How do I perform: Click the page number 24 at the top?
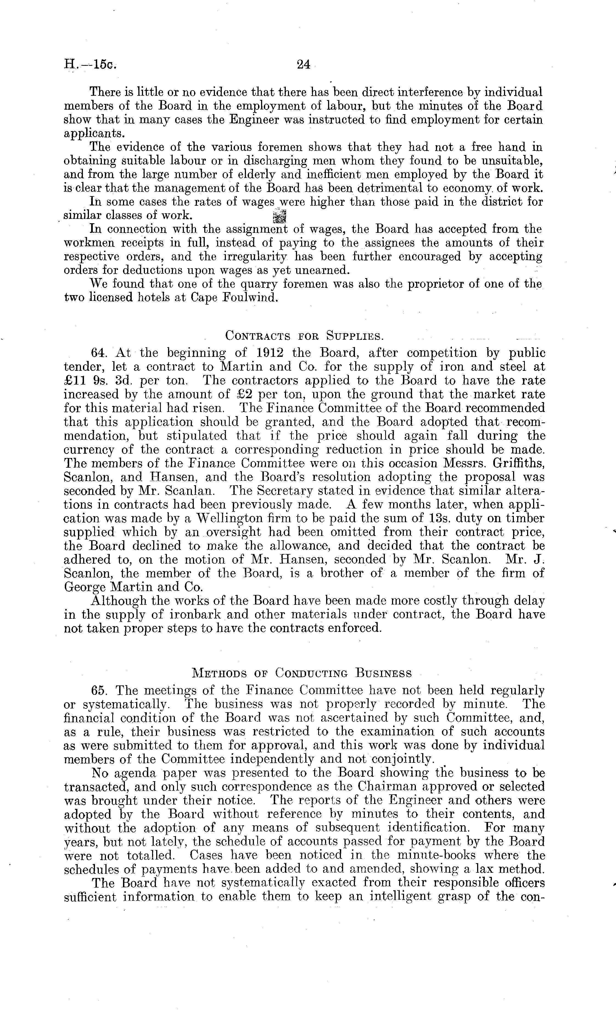tap(303, 65)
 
